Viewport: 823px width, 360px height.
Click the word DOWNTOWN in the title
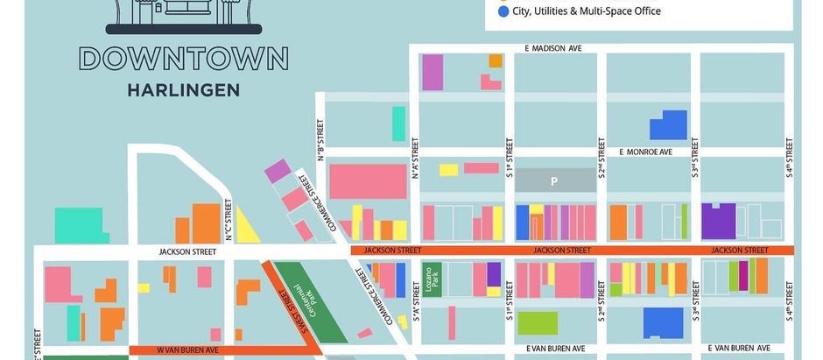(183, 59)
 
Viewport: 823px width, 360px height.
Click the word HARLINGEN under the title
(183, 89)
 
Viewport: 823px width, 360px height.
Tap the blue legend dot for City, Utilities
(503, 11)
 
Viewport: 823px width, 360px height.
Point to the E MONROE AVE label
(645, 152)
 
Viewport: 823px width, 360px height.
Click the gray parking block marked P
(553, 181)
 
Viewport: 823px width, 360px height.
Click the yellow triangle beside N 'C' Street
(246, 229)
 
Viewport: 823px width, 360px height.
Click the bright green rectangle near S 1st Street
(537, 322)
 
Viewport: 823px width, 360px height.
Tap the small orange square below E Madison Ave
(496, 60)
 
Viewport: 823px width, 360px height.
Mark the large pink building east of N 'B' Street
(368, 180)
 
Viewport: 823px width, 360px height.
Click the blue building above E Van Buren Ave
(663, 322)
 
